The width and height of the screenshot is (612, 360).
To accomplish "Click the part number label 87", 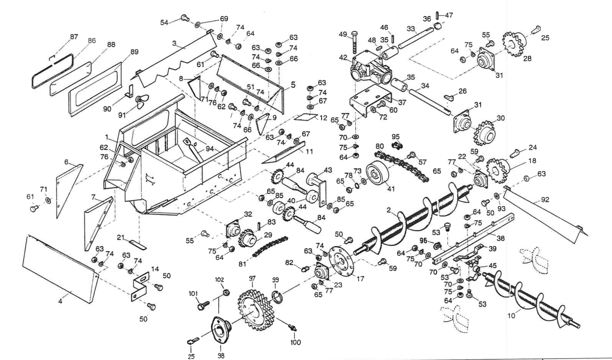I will point(74,37).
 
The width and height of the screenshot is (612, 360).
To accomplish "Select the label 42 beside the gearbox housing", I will point(343,58).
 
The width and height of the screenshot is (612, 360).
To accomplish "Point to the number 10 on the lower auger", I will point(511,316).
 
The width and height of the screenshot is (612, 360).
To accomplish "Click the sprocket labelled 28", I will point(515,44).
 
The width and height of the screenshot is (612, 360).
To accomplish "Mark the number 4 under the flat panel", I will point(60,302).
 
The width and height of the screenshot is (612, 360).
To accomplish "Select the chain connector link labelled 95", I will point(395,145).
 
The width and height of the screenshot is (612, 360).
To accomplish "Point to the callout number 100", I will point(295,343).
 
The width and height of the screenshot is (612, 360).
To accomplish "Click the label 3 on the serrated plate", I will point(174,43).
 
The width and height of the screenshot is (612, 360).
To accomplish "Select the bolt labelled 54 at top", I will point(184,17).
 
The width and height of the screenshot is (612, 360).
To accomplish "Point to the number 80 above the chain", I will point(379,146).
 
